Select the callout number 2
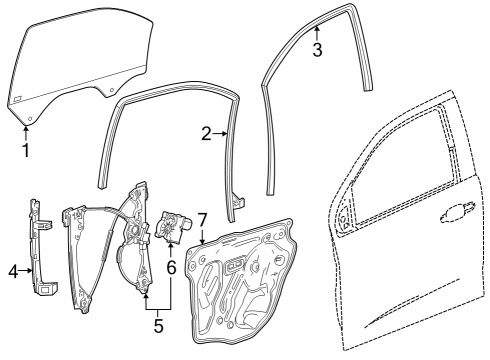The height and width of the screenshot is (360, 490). tap(207, 133)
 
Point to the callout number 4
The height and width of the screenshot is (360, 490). tap(14, 269)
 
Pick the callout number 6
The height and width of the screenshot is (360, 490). tap(172, 267)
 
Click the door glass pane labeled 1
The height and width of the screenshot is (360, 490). tap(70, 70)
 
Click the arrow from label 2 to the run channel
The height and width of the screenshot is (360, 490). tap(223, 133)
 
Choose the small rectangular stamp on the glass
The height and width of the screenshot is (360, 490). tap(17, 97)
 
